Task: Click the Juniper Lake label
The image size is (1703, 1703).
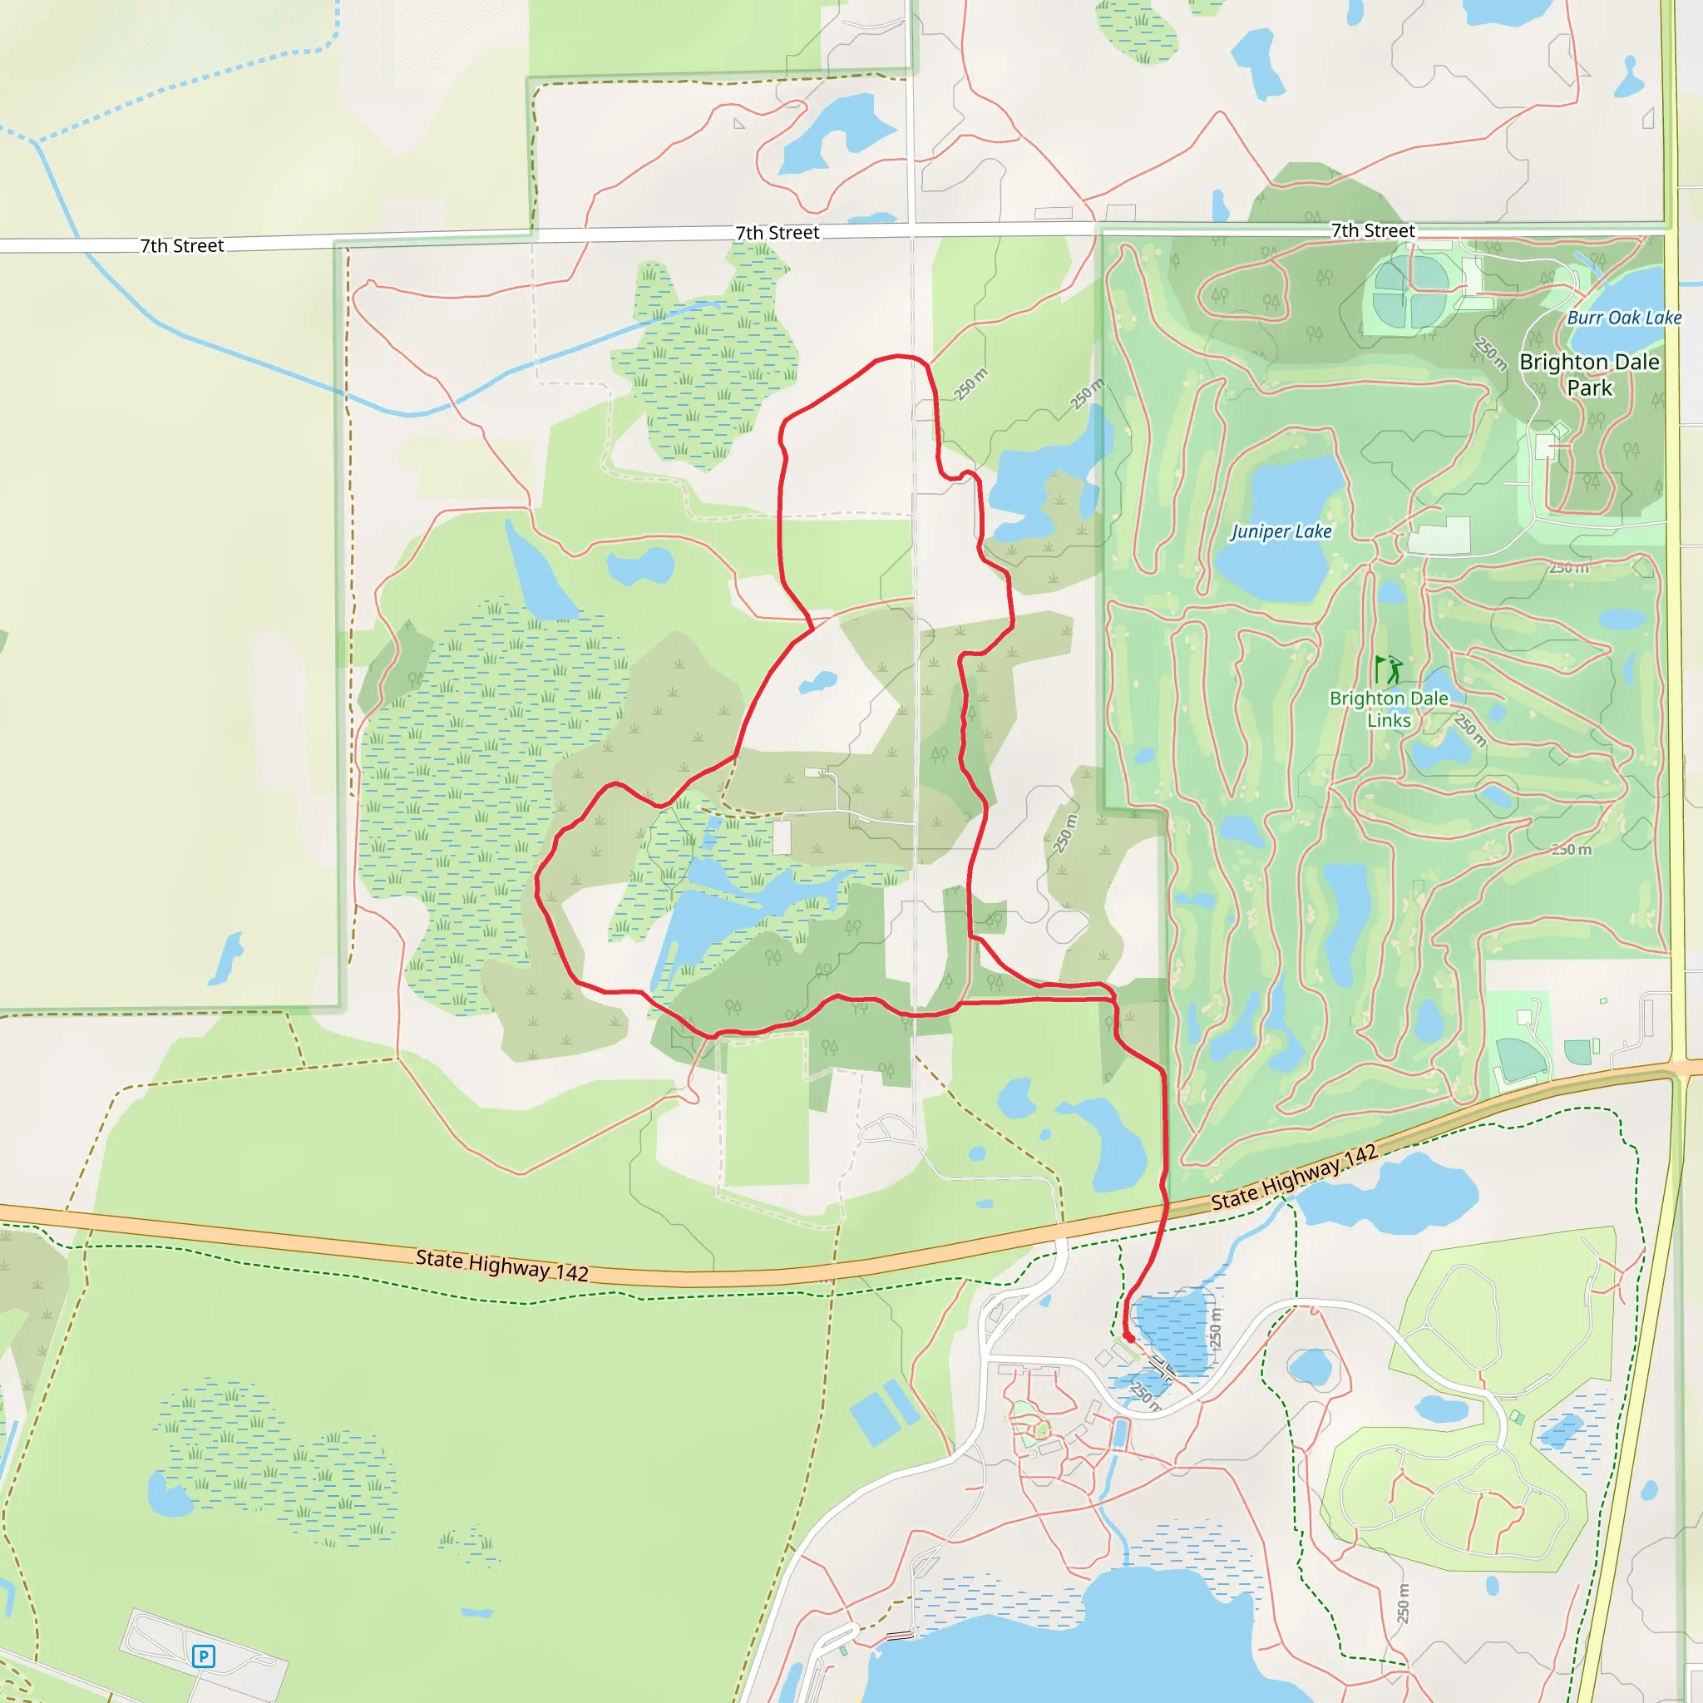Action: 1280,531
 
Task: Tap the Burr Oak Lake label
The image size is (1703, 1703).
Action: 1624,318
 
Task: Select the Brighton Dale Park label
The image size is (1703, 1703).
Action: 1589,375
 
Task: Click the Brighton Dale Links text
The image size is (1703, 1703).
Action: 1389,708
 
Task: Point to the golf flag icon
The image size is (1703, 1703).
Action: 1389,669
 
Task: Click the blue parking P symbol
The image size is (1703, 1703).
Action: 203,1656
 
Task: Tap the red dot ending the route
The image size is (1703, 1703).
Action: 1129,1337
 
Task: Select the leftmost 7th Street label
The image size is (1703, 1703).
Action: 181,246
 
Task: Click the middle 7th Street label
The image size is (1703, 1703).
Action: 777,233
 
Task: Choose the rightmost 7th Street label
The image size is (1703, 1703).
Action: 1372,231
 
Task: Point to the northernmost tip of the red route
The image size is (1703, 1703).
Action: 899,356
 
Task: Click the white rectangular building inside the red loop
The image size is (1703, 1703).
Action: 782,837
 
